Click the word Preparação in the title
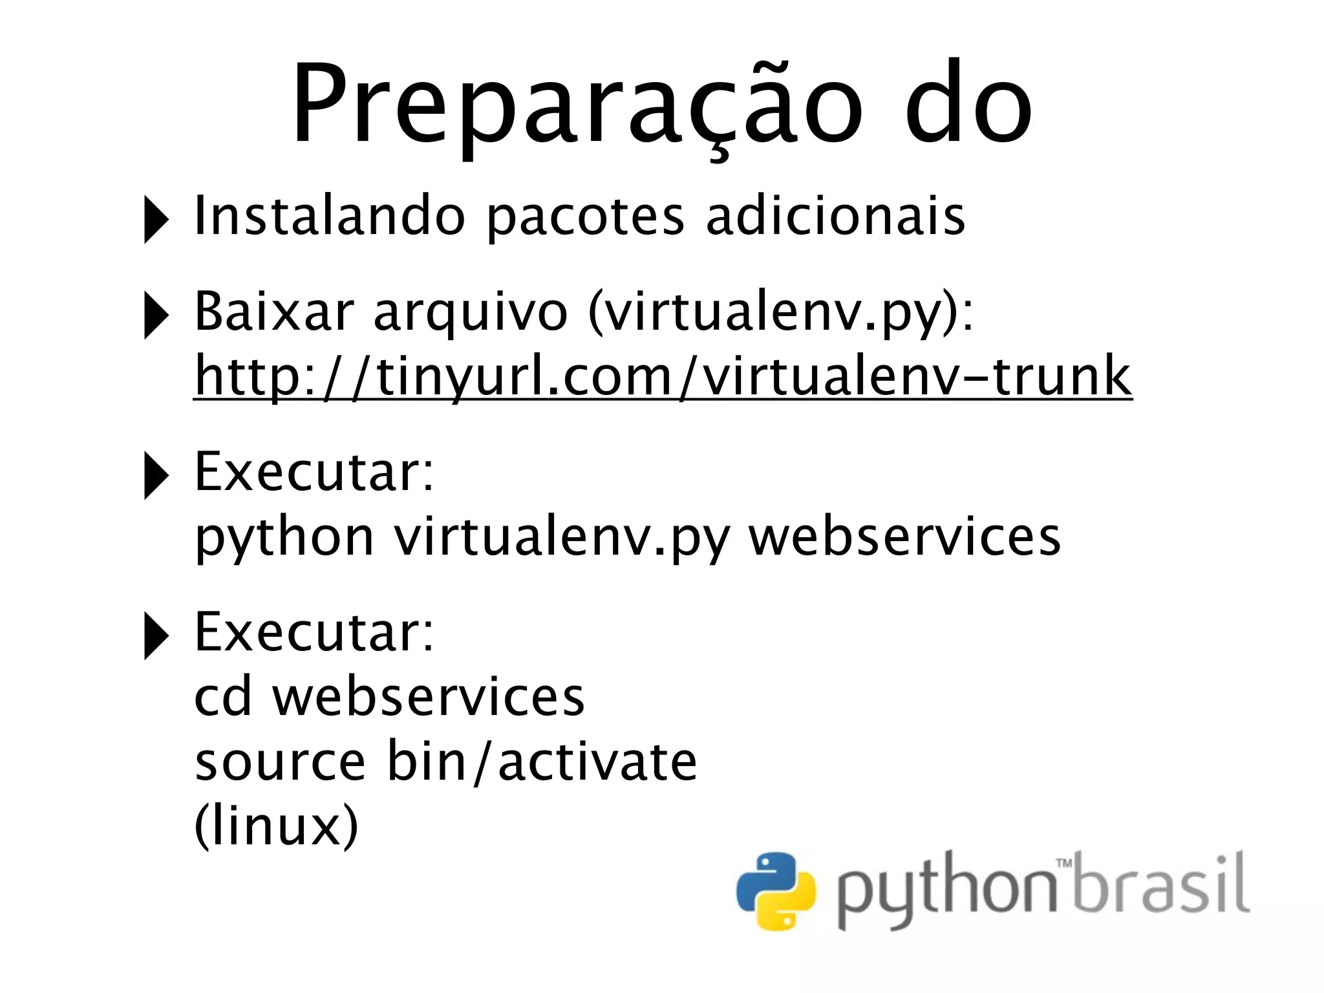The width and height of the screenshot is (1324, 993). [x=575, y=107]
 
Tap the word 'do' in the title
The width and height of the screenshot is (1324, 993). [x=968, y=107]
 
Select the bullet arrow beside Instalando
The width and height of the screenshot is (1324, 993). [x=155, y=220]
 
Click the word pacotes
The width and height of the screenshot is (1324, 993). [x=584, y=217]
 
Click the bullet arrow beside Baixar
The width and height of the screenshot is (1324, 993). [x=155, y=315]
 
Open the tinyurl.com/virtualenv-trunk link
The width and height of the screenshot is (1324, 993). [x=663, y=377]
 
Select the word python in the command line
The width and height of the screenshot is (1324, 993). [x=284, y=538]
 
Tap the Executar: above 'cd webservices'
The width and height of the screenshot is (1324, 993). [x=314, y=632]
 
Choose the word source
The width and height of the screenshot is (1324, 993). [x=280, y=763]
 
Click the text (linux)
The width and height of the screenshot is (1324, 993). [x=276, y=826]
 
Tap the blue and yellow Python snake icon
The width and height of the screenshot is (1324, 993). [x=775, y=892]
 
